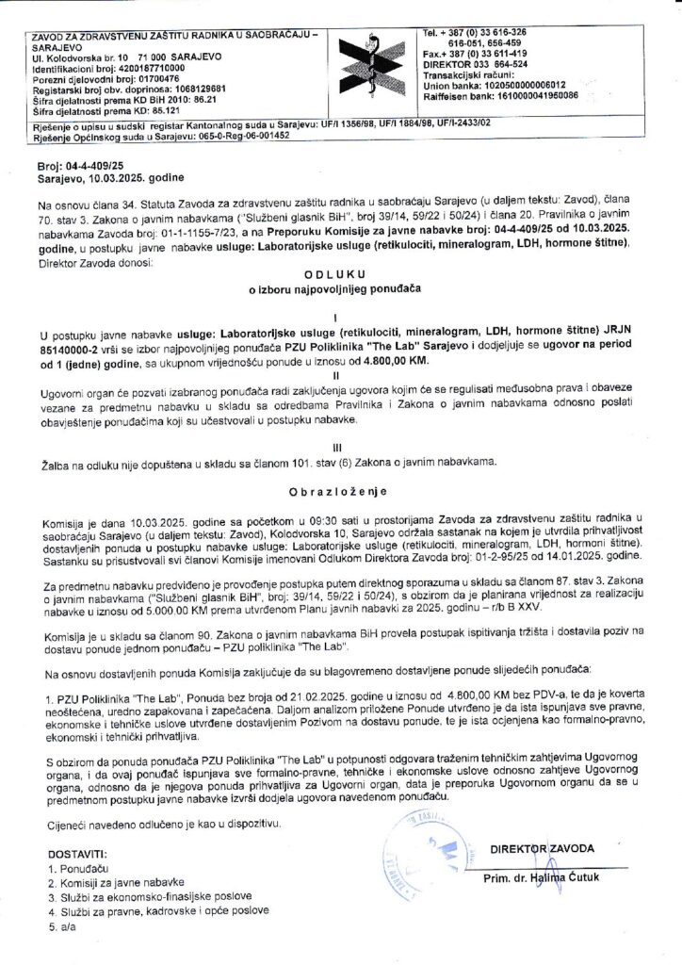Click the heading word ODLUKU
[326, 274]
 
